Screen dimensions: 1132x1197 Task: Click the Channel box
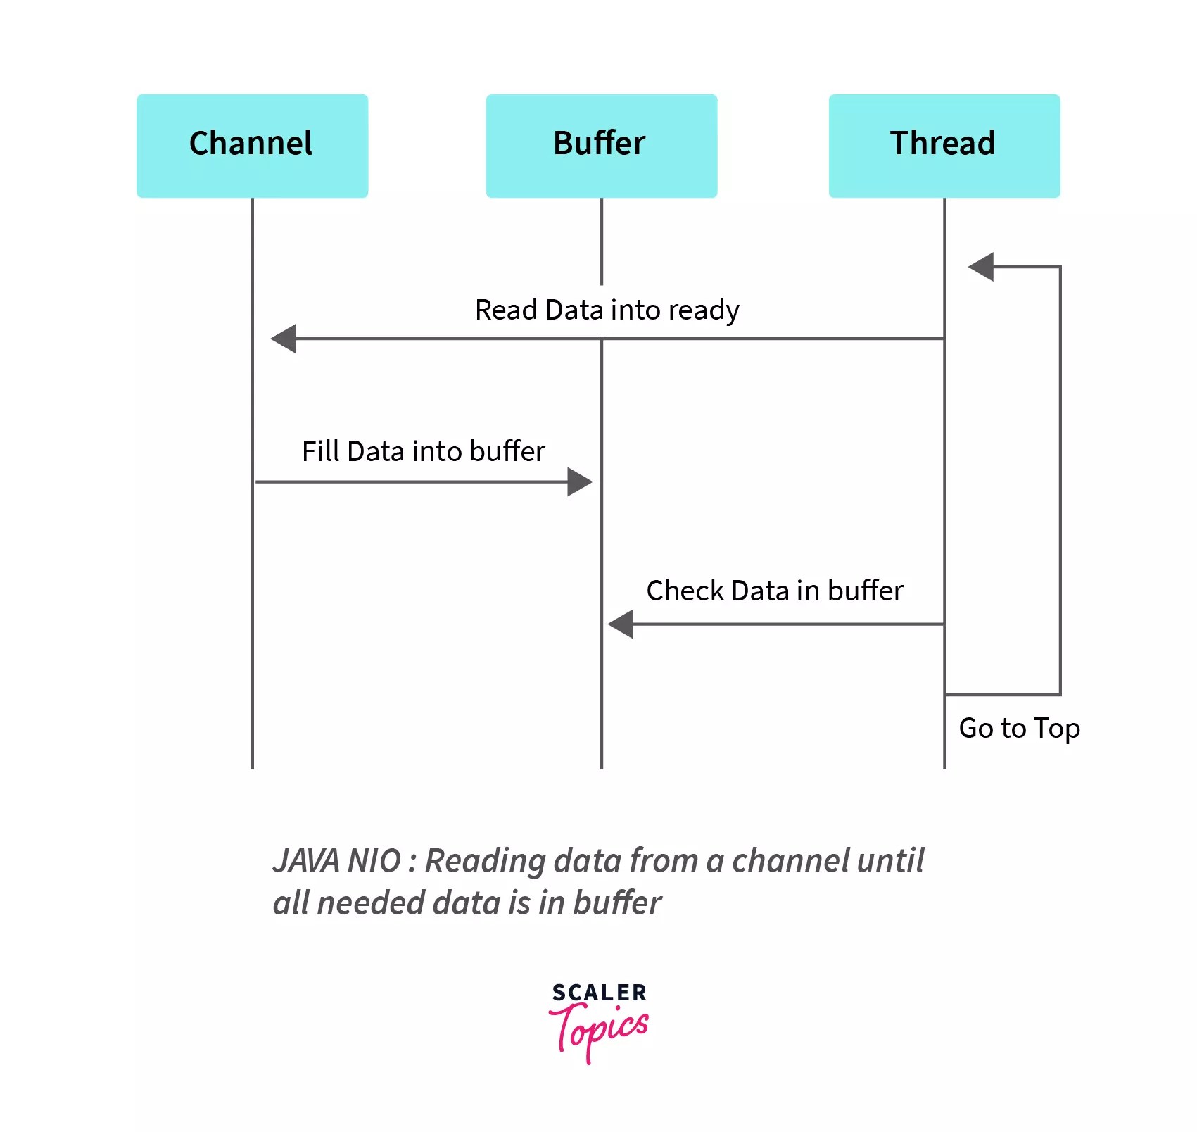pos(252,146)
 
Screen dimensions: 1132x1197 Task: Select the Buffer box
pos(601,146)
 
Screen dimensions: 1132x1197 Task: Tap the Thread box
pos(944,146)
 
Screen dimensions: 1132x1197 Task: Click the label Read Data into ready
pos(607,310)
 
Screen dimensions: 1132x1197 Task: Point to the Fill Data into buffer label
pos(423,451)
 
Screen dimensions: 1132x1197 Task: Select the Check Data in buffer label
pos(774,591)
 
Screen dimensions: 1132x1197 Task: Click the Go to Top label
pos(1018,728)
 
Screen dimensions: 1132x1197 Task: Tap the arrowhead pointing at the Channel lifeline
pos(284,339)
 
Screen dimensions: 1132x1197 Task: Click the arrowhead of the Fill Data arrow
pos(579,482)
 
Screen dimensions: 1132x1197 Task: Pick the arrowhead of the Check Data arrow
pos(621,624)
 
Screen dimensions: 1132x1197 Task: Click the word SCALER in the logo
pos(599,993)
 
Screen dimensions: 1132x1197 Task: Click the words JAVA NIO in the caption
pos(336,860)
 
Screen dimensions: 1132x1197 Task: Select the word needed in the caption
pos(369,903)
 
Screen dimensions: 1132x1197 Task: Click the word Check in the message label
pos(685,591)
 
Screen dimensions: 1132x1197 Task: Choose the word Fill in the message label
pos(320,451)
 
